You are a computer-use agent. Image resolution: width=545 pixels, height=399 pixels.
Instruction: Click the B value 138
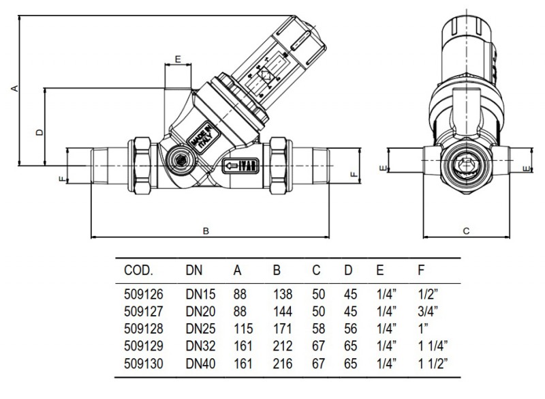tap(281, 295)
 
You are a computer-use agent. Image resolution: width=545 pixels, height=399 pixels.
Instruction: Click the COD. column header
tap(140, 270)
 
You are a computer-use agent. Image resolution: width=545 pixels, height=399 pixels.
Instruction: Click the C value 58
tap(316, 327)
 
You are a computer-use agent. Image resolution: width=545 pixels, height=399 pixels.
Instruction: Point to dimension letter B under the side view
tap(206, 231)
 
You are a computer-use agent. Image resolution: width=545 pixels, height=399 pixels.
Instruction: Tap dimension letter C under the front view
tap(466, 231)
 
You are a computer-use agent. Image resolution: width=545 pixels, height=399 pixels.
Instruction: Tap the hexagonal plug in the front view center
tap(466, 166)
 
